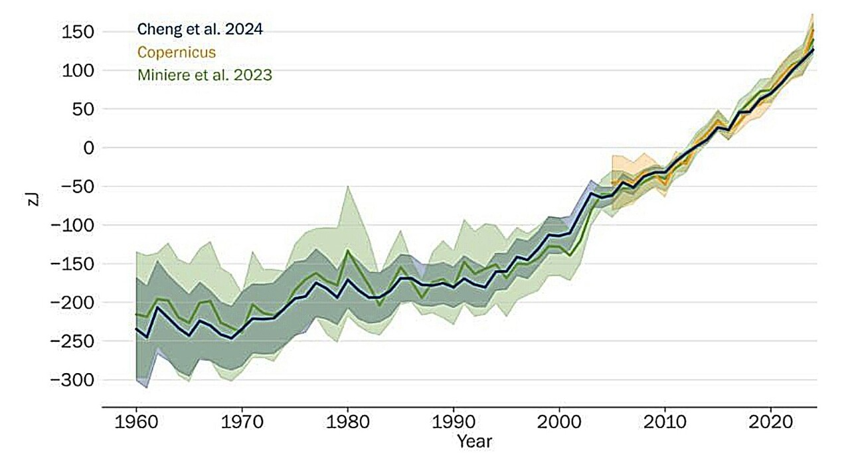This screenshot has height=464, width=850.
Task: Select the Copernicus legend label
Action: tap(176, 52)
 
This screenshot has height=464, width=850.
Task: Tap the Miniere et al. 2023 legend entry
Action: tap(205, 75)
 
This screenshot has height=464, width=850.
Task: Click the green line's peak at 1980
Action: tap(347, 250)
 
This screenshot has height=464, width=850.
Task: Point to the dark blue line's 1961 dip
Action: tap(147, 337)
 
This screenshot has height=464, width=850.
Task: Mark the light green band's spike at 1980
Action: tap(347, 187)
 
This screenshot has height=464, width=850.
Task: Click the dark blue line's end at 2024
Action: tap(813, 50)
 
